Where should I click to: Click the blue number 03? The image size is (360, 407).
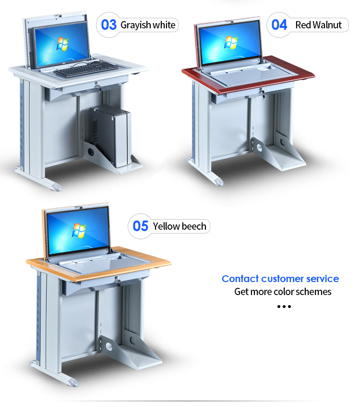pyautogui.click(x=108, y=25)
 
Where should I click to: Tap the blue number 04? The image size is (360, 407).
pyautogui.click(x=279, y=25)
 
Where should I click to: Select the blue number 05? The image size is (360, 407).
pyautogui.click(x=140, y=226)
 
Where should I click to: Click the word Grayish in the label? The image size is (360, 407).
pyautogui.click(x=136, y=25)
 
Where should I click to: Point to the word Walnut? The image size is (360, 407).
pyautogui.click(x=327, y=25)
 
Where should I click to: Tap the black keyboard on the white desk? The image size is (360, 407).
pyautogui.click(x=86, y=69)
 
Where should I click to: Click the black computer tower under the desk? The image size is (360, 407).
pyautogui.click(x=110, y=135)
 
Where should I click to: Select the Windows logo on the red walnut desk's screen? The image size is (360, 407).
pyautogui.click(x=231, y=43)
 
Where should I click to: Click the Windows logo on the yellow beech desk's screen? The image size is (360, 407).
pyautogui.click(x=79, y=230)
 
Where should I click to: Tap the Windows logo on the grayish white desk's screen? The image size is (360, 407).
pyautogui.click(x=62, y=44)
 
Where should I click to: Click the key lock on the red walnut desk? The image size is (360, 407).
pyautogui.click(x=263, y=93)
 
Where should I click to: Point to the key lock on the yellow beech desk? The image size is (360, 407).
pyautogui.click(x=118, y=282)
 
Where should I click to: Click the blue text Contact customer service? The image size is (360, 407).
pyautogui.click(x=280, y=279)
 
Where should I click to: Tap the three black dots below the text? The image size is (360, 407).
pyautogui.click(x=284, y=307)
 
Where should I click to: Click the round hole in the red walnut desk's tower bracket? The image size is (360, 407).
pyautogui.click(x=259, y=148)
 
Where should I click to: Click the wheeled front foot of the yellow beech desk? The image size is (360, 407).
pyautogui.click(x=72, y=382)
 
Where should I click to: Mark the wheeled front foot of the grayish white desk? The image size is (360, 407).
pyautogui.click(x=56, y=186)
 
